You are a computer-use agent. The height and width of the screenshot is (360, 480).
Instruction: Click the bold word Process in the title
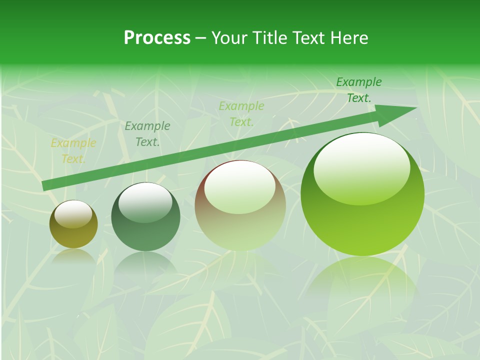pos(157,38)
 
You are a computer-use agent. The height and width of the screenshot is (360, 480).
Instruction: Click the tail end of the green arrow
pos(45,185)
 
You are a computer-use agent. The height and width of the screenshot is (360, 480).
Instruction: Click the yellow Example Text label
pos(73,151)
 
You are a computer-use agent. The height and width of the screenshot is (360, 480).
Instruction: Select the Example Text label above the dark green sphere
pos(147,133)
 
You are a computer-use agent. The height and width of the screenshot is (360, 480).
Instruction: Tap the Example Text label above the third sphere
pos(241,113)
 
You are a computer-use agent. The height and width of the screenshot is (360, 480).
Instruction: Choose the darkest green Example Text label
pos(359,89)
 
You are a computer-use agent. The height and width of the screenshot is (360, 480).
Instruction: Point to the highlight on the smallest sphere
pos(73,213)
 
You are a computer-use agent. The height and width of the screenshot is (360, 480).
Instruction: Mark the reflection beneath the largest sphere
pos(362,280)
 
